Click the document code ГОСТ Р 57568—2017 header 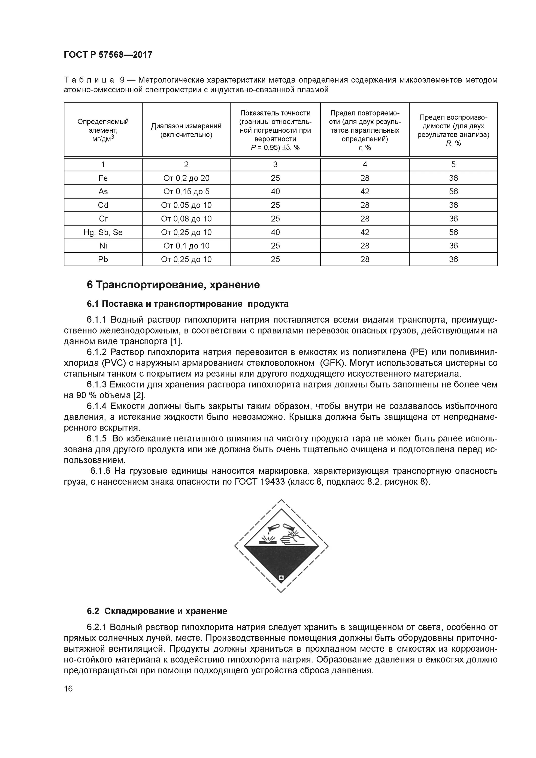(x=108, y=55)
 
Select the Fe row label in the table (x=103, y=178)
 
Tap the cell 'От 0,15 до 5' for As (x=186, y=192)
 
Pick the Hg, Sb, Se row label (x=103, y=232)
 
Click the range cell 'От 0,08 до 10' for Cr (x=186, y=219)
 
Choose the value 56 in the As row (x=453, y=192)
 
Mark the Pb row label (x=103, y=259)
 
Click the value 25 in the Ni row (x=275, y=246)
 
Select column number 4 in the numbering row (x=365, y=164)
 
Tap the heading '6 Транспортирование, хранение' (x=173, y=285)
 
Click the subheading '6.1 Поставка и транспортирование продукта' (x=188, y=304)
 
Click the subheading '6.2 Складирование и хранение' (x=157, y=611)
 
